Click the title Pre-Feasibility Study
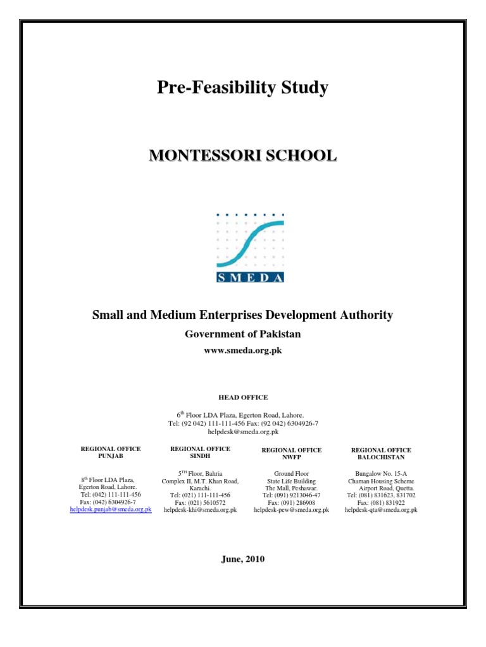click(242, 88)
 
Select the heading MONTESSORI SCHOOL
click(242, 155)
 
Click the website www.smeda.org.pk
click(242, 350)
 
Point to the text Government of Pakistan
click(242, 334)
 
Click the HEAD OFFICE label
click(243, 397)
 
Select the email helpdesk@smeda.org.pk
click(243, 432)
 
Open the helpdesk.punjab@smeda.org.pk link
click(111, 509)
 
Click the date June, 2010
click(243, 559)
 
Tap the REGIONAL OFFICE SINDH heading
click(201, 452)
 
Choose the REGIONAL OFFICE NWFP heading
click(292, 453)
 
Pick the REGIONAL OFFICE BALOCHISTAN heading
click(381, 453)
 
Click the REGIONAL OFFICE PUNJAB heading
click(111, 452)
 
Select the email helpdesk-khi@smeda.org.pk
click(201, 510)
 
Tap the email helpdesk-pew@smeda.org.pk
click(292, 510)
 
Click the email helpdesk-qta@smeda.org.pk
click(381, 510)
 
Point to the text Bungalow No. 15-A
click(381, 473)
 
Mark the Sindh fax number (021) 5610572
click(201, 502)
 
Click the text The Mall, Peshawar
click(292, 488)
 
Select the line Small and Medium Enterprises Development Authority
click(242, 315)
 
